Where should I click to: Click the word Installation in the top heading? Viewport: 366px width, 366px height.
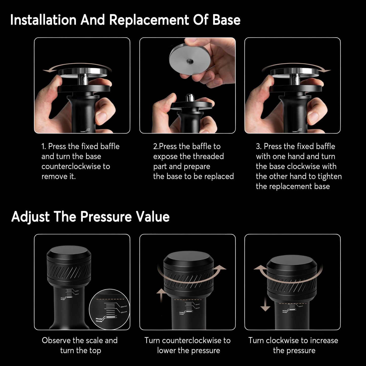[x=43, y=20]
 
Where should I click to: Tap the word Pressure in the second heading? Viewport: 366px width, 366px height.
[x=106, y=217]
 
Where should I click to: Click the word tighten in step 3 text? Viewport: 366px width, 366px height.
[x=330, y=176]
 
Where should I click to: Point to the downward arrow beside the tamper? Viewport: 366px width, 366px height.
[x=265, y=304]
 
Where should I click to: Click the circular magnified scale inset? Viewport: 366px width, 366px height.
[x=109, y=309]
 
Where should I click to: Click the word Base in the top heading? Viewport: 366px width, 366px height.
[x=226, y=20]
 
